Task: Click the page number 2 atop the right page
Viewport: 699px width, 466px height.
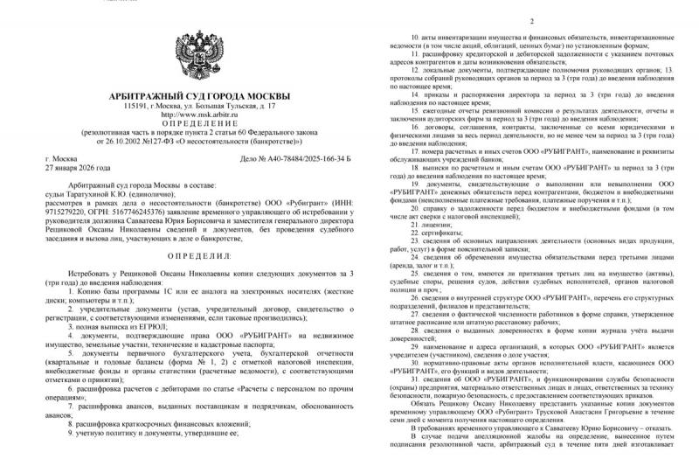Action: coord(530,20)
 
